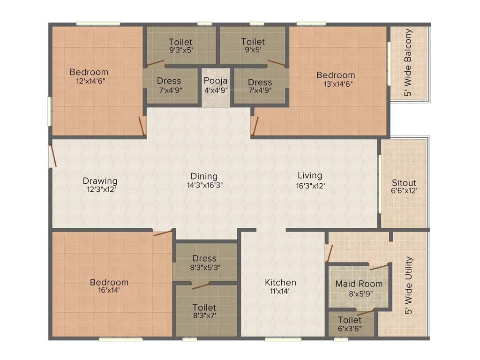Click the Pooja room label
pyautogui.click(x=216, y=80)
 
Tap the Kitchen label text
pyautogui.click(x=280, y=282)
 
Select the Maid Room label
pyautogui.click(x=359, y=284)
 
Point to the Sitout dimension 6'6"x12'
pyautogui.click(x=404, y=191)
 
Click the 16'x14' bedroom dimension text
pyautogui.click(x=109, y=291)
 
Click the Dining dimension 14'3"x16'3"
pyautogui.click(x=204, y=185)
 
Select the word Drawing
pyautogui.click(x=100, y=181)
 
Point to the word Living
pyautogui.click(x=310, y=175)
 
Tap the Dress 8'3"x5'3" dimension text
pyautogui.click(x=204, y=267)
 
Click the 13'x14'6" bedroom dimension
pyautogui.click(x=336, y=84)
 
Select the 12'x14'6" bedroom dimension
pyautogui.click(x=89, y=81)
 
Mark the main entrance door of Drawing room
pyautogui.click(x=53, y=156)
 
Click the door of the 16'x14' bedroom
pyautogui.click(x=163, y=232)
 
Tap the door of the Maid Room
pyautogui.click(x=379, y=267)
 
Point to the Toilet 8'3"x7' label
pyautogui.click(x=204, y=307)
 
